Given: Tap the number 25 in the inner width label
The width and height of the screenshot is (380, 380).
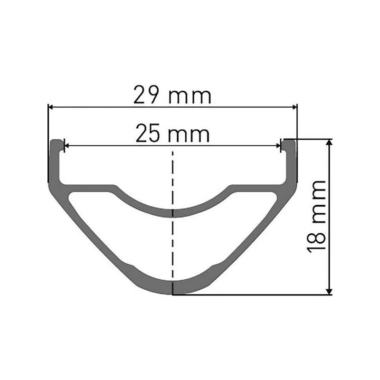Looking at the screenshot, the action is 148,133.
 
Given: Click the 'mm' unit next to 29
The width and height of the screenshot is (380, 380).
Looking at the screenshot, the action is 190,97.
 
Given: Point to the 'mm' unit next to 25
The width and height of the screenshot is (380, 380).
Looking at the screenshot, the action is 189,135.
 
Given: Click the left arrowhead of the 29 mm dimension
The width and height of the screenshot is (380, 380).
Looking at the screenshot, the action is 51,107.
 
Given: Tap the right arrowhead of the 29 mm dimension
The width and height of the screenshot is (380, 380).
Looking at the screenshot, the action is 294,107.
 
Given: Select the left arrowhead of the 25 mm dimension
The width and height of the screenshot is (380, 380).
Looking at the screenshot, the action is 66,146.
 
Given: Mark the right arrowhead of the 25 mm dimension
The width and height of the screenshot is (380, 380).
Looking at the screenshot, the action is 278,146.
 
